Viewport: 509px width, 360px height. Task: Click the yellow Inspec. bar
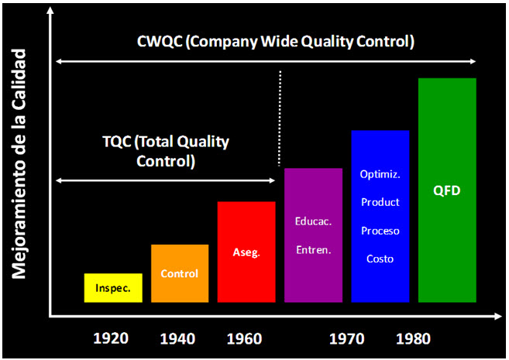(113, 288)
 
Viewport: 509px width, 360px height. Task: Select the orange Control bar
(180, 273)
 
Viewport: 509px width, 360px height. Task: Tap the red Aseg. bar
(246, 252)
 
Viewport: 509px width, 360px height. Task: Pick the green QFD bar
(447, 190)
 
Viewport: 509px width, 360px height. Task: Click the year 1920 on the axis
(111, 338)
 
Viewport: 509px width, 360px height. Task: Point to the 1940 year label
(177, 338)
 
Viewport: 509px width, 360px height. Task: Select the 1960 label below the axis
(245, 338)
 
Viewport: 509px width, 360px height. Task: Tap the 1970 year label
(346, 338)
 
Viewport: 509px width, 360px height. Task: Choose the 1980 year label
(413, 338)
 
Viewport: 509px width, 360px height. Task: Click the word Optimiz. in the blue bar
(380, 174)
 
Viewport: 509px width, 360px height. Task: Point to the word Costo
(380, 259)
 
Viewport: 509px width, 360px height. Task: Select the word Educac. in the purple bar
(313, 221)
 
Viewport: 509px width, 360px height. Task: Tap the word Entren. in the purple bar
(314, 250)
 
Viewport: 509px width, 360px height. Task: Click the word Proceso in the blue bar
(380, 231)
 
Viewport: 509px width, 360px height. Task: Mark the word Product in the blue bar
(380, 202)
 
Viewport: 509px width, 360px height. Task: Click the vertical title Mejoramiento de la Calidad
(19, 164)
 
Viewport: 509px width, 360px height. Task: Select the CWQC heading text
(276, 42)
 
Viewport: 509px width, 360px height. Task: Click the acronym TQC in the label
(117, 142)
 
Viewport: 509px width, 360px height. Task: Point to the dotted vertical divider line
(280, 118)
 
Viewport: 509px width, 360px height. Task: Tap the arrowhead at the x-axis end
(498, 316)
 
